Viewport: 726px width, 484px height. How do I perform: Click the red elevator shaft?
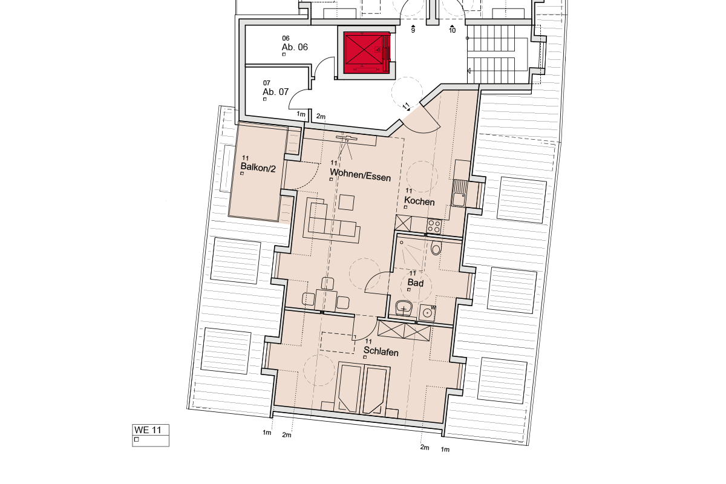point(366,52)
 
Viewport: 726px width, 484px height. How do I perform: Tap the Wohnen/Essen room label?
point(360,178)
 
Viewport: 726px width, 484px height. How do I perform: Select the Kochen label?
point(419,201)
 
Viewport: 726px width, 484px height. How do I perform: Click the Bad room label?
point(415,283)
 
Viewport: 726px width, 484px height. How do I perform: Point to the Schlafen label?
point(381,352)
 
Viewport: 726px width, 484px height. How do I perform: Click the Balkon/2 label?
point(258,168)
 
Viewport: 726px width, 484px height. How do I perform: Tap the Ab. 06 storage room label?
point(295,47)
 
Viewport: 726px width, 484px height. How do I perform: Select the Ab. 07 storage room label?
point(275,92)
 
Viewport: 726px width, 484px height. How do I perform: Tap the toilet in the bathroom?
point(436,249)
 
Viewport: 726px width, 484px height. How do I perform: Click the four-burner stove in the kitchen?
point(434,226)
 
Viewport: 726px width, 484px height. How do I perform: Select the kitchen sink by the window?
point(459,193)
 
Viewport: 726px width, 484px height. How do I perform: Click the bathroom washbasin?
point(404,310)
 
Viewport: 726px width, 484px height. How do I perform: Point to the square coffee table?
point(347,201)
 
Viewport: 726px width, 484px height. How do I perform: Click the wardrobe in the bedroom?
point(404,331)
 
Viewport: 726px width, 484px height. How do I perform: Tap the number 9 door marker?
point(413,29)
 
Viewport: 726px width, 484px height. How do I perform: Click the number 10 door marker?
point(452,29)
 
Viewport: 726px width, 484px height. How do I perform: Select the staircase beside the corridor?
point(497,54)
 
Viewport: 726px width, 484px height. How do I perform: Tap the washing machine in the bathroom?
point(428,313)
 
